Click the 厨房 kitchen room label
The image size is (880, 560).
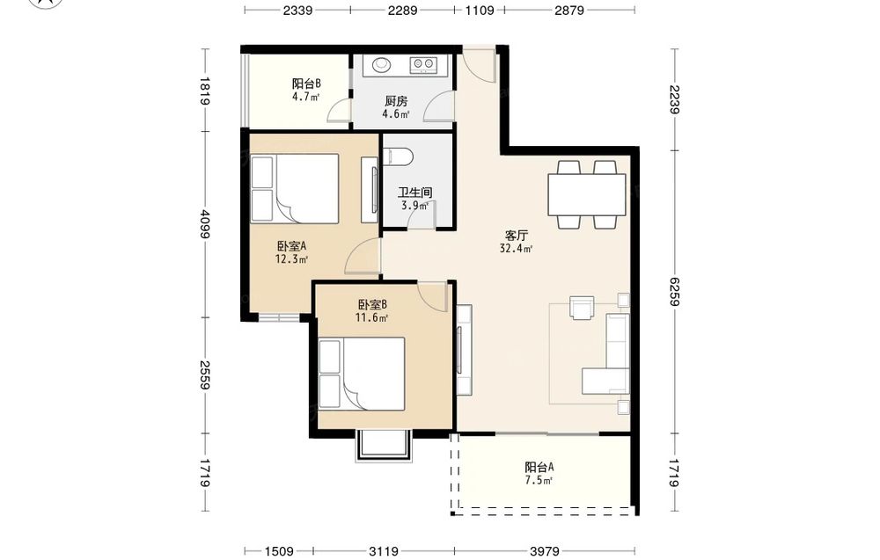[396, 101]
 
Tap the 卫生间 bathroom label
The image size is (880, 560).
[415, 193]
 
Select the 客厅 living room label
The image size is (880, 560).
[516, 236]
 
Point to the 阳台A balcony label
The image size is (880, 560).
[539, 467]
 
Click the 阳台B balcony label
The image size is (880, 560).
[306, 84]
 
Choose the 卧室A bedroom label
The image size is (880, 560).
[291, 246]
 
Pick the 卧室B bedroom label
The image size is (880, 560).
[372, 305]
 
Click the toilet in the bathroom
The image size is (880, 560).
[398, 156]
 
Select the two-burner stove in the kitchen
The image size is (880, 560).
[423, 65]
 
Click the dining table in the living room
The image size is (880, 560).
[586, 194]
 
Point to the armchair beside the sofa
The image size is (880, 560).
[582, 307]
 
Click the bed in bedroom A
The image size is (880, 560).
[295, 188]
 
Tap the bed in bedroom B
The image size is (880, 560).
[362, 374]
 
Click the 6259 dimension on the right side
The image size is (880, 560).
[674, 292]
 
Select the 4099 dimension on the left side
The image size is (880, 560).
[205, 223]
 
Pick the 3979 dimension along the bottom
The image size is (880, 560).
[544, 551]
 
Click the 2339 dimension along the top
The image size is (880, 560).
[297, 10]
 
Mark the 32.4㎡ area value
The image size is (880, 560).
[516, 248]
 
